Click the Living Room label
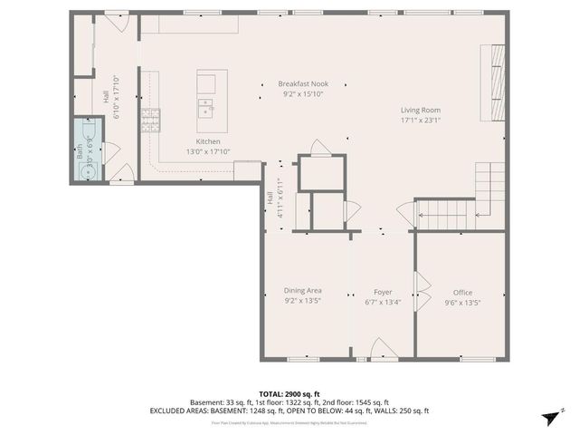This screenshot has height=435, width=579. [x=421, y=110]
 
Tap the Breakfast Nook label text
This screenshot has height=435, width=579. [x=302, y=83]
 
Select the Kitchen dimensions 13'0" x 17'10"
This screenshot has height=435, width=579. [x=208, y=152]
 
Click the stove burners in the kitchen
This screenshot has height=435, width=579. [x=150, y=119]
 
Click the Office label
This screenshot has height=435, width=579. [x=462, y=292]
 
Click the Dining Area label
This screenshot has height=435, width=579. [x=302, y=291]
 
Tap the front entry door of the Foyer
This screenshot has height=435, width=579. [x=382, y=350]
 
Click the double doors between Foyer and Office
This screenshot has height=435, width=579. [x=418, y=292]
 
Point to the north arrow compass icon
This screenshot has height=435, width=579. [x=547, y=416]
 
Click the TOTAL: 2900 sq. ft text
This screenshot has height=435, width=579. [x=289, y=393]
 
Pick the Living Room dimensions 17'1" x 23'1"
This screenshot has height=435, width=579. [x=421, y=120]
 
